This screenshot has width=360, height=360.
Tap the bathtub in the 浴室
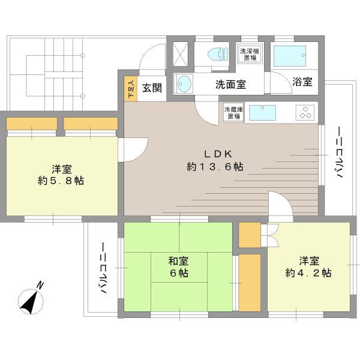pyautogui.click(x=290, y=56)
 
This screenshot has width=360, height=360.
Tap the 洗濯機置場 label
pyautogui.click(x=248, y=53)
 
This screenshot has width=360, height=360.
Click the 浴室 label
pyautogui.click(x=303, y=83)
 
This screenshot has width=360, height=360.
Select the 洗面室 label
pyautogui.click(x=230, y=84)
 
